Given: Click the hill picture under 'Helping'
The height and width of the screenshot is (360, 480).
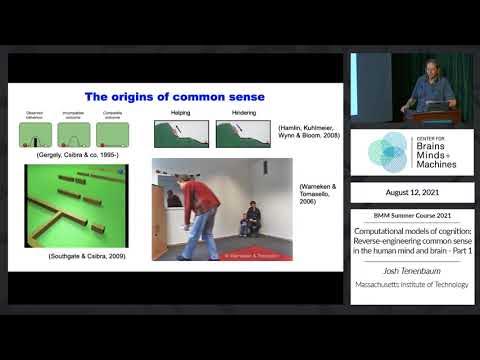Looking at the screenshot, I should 181,135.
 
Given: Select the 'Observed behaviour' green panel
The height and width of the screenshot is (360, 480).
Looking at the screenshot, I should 35,134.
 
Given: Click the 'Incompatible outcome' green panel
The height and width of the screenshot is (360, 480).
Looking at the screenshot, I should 74,134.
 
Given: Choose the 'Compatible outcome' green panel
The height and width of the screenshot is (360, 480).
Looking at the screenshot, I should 113,134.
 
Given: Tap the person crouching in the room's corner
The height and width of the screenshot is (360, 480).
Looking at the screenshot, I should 253,219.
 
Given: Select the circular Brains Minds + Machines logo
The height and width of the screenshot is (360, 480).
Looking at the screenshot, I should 387,152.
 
